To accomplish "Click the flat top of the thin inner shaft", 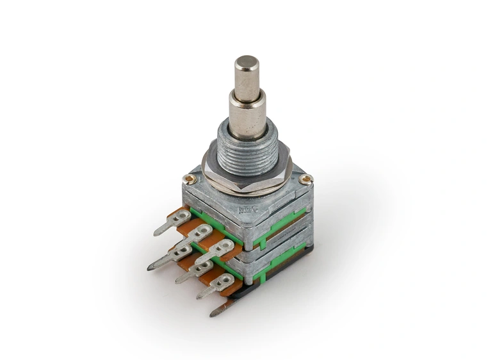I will click(x=247, y=62).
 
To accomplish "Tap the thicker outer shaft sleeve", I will click(x=247, y=115).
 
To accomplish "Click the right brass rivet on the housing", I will click(x=307, y=179).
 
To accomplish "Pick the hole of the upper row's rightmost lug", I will click(x=224, y=245).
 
